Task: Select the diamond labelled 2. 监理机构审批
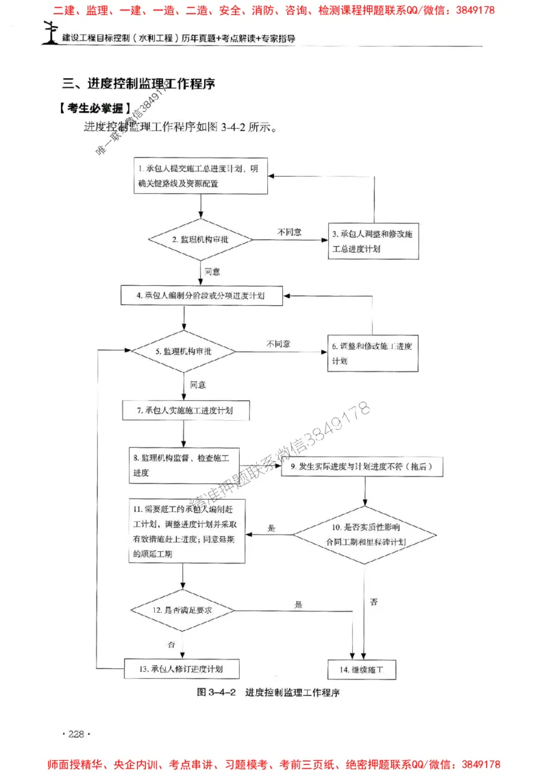(x=200, y=239)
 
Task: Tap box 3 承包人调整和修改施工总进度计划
(x=373, y=241)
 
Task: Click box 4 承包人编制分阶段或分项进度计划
(x=202, y=295)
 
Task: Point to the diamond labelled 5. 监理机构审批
(x=184, y=351)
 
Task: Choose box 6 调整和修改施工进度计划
(x=373, y=353)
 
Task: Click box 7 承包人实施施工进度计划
(x=186, y=411)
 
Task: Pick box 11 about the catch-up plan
(x=187, y=532)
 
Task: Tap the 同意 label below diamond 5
(x=198, y=384)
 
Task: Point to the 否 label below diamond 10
(x=373, y=602)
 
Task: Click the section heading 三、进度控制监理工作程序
(x=139, y=84)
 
